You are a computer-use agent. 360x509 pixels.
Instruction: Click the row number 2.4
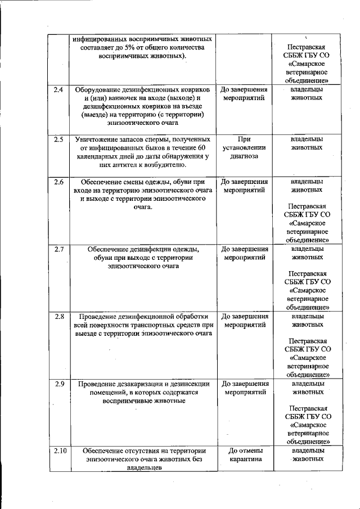pyautogui.click(x=58, y=90)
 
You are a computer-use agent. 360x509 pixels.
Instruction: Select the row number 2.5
pyautogui.click(x=58, y=139)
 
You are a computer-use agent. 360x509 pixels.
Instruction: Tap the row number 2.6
pyautogui.click(x=58, y=182)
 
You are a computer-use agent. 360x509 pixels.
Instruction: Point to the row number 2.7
pyautogui.click(x=58, y=249)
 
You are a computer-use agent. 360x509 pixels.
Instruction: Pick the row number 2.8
pyautogui.click(x=58, y=316)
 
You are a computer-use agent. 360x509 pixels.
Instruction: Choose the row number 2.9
pyautogui.click(x=58, y=384)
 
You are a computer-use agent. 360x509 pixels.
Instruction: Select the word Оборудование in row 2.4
pyautogui.click(x=99, y=90)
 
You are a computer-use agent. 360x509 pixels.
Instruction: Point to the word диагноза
pyautogui.click(x=244, y=156)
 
